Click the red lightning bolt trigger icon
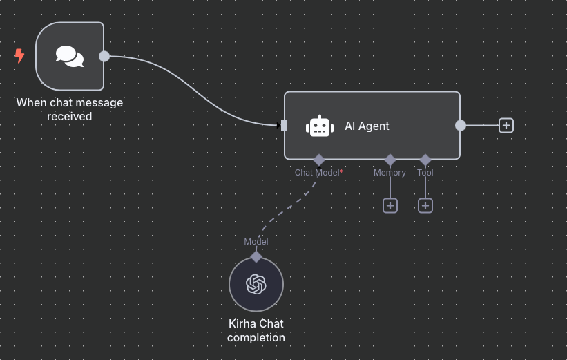[19, 56]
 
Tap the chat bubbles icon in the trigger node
[69, 56]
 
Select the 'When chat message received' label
[69, 109]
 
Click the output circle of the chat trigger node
[104, 56]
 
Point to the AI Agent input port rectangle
[284, 125]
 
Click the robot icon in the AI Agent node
[319, 126]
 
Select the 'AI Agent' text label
[367, 126]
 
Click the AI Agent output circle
[461, 125]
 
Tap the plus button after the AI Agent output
[506, 125]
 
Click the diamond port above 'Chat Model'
[318, 160]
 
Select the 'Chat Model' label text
[316, 172]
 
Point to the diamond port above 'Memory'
[390, 160]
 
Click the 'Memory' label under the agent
[390, 172]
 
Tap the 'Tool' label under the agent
[425, 172]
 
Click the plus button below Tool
[425, 205]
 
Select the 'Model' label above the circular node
[256, 242]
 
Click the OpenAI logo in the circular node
[256, 284]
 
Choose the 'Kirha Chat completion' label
[256, 330]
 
